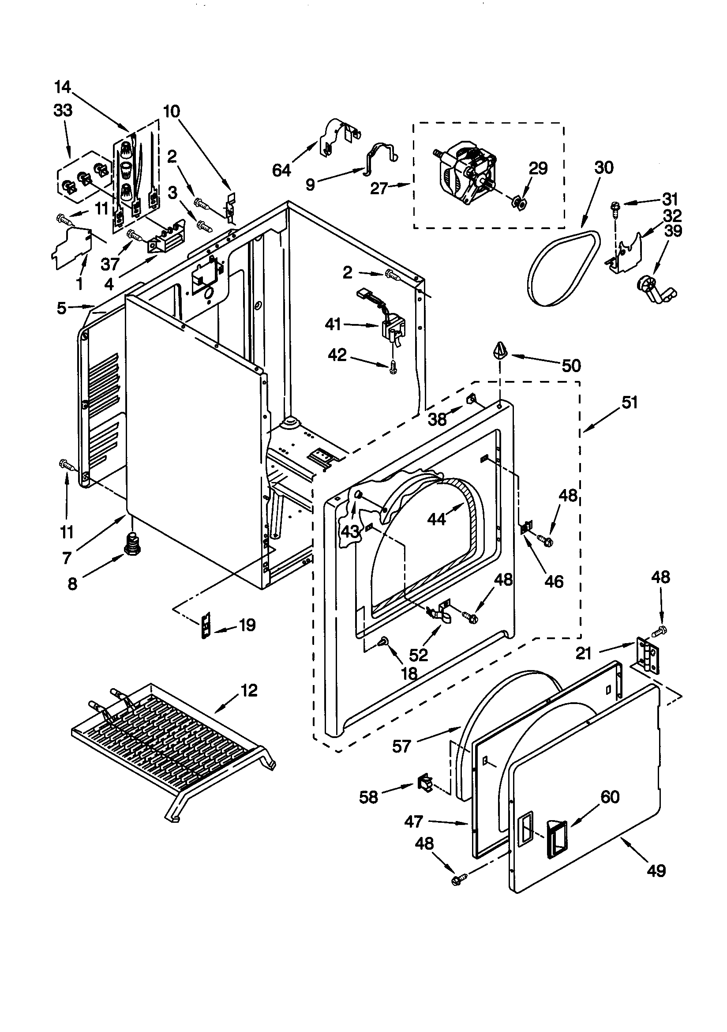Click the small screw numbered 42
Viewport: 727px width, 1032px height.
[x=393, y=369]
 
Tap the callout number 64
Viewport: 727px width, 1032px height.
[x=282, y=170]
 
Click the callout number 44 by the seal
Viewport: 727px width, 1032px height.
[x=436, y=519]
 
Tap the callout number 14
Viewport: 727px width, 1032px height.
[x=63, y=87]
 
